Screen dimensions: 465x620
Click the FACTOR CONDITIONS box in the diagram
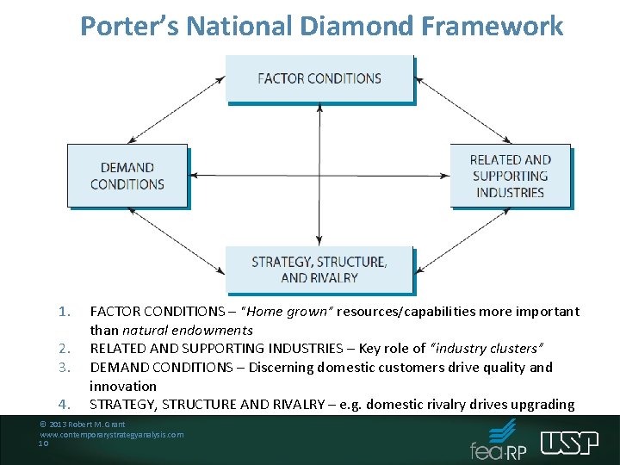click(x=319, y=78)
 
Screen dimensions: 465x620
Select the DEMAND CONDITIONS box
click(x=127, y=176)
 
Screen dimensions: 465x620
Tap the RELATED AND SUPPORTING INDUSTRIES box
click(x=510, y=176)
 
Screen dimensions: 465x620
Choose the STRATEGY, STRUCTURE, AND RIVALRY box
click(x=319, y=270)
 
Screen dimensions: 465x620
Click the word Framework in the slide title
click(x=494, y=26)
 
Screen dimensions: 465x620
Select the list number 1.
click(x=63, y=311)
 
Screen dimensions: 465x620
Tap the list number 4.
click(x=63, y=405)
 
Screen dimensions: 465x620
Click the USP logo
click(x=569, y=443)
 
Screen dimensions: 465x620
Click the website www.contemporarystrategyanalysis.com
click(x=111, y=435)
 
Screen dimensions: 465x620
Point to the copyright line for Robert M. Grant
click(x=83, y=425)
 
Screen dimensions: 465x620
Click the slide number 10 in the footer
click(x=44, y=444)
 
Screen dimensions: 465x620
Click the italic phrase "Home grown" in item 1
click(x=288, y=311)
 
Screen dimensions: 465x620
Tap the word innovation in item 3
click(x=123, y=386)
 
